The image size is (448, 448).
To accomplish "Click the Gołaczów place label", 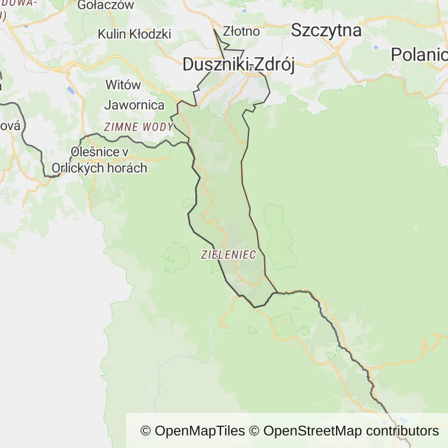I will [x=106, y=5].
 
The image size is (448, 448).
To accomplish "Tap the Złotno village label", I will [x=241, y=31].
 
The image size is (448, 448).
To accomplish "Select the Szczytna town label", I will [x=326, y=30].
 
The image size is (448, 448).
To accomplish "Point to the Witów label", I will [x=123, y=85].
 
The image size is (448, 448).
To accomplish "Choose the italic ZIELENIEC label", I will [x=228, y=254].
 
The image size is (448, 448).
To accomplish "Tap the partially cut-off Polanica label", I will [x=419, y=55].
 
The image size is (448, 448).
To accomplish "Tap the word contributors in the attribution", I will [x=402, y=431].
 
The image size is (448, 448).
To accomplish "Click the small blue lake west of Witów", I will [x=70, y=90].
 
